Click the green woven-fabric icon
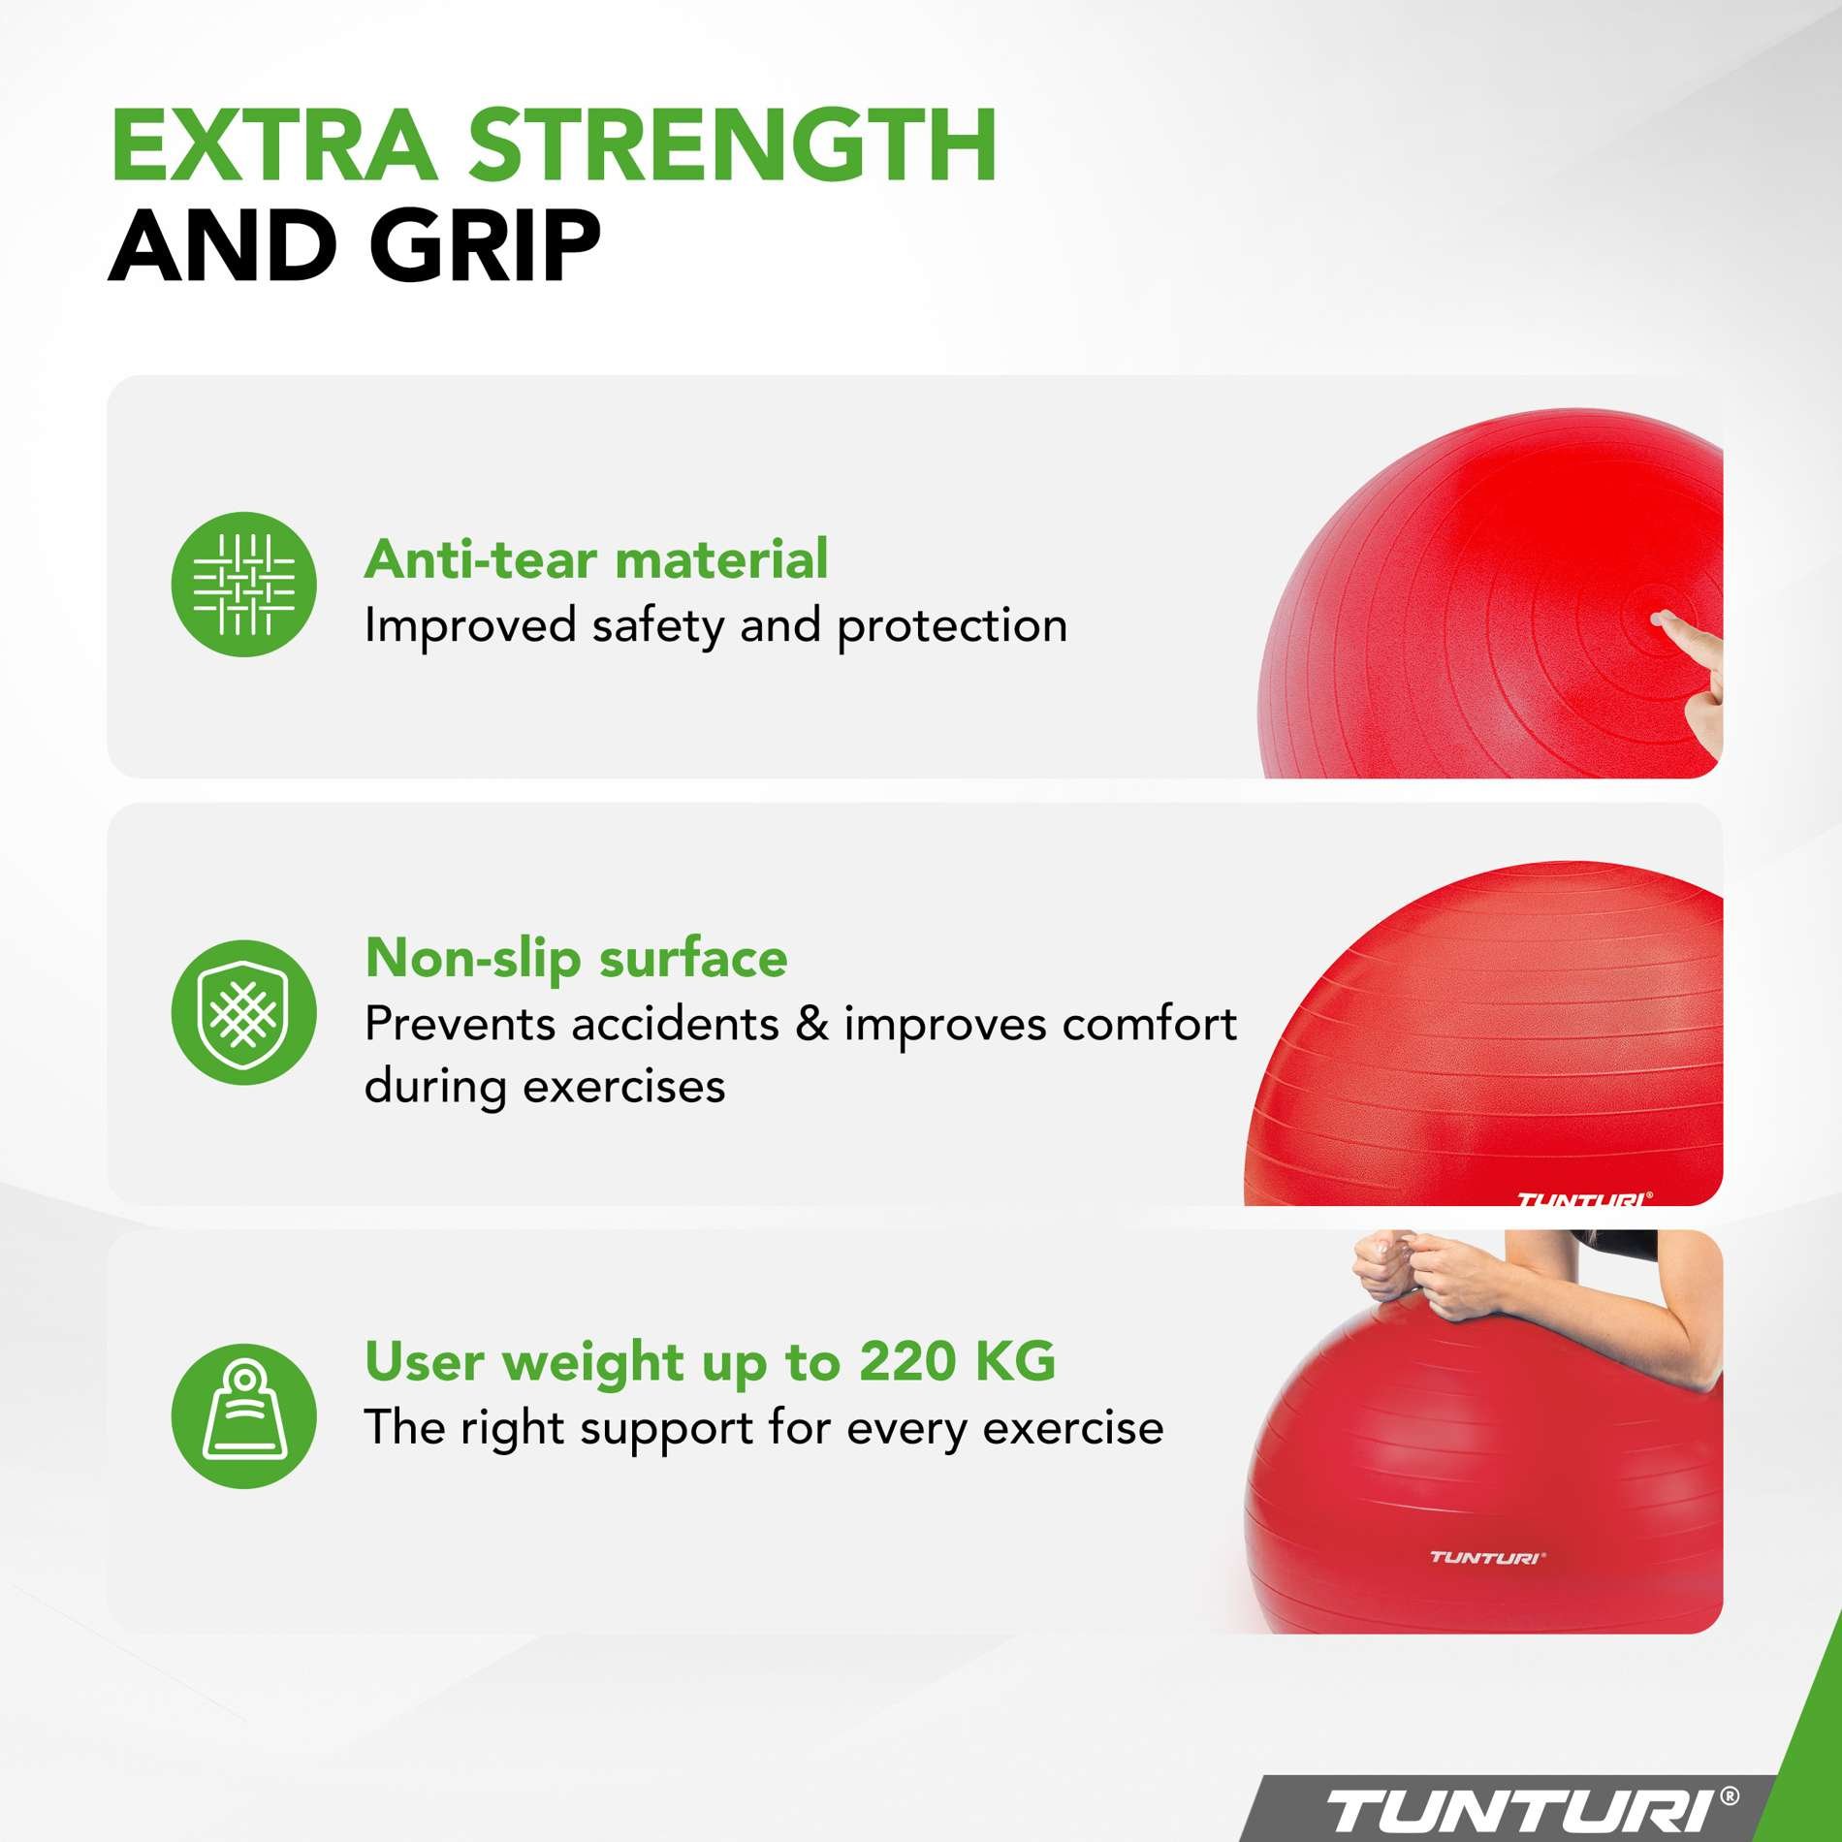tap(244, 585)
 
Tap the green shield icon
tap(244, 1012)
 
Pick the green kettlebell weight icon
tap(244, 1415)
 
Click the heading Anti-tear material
tap(596, 559)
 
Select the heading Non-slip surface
tap(576, 959)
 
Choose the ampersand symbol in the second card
tap(811, 1024)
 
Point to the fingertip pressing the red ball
tap(1661, 619)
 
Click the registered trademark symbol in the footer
tap(1729, 1797)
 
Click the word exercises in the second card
tap(624, 1087)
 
